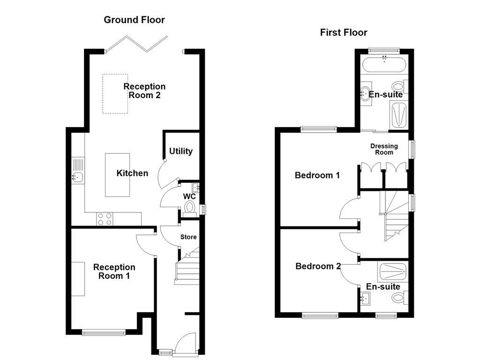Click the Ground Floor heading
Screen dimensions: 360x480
pos(134,20)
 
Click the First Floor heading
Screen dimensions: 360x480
pos(344,32)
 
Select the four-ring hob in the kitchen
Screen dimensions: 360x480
pos(104,218)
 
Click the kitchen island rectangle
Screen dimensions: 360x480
pos(117,175)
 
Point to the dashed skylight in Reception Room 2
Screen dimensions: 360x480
pos(115,94)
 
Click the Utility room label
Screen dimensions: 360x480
pos(180,151)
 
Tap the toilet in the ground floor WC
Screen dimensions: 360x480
pos(190,206)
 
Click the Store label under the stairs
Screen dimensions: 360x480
pos(188,237)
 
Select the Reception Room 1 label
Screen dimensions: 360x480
pos(114,271)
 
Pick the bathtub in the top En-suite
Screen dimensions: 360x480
pos(384,66)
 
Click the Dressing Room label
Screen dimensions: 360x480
pos(384,149)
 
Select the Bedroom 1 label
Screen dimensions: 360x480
pos(317,175)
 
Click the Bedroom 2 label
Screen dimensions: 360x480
pos(318,266)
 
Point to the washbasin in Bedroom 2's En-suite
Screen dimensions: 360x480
pos(366,297)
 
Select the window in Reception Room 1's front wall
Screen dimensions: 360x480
pos(104,333)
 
